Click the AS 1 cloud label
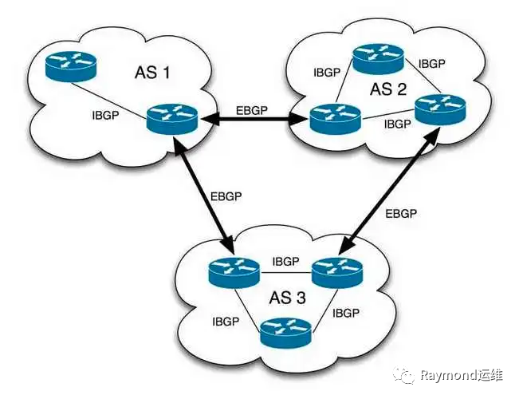coord(152,73)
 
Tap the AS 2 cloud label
coord(388,89)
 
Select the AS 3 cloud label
coord(287,298)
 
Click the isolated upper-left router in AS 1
coord(71,66)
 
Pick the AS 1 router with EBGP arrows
coord(172,119)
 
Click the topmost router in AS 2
coord(378,59)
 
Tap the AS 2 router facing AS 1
coord(336,119)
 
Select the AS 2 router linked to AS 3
coord(440,109)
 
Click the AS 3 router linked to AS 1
coord(234,272)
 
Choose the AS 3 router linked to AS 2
coord(337,272)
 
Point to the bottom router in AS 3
coord(286,332)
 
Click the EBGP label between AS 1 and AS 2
coord(252,110)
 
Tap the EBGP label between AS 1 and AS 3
coord(226,196)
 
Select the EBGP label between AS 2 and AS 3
coord(401,214)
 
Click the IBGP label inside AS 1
coord(105,116)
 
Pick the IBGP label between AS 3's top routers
coord(285,262)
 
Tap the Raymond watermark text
coord(462,375)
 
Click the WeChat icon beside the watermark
coord(404,376)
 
